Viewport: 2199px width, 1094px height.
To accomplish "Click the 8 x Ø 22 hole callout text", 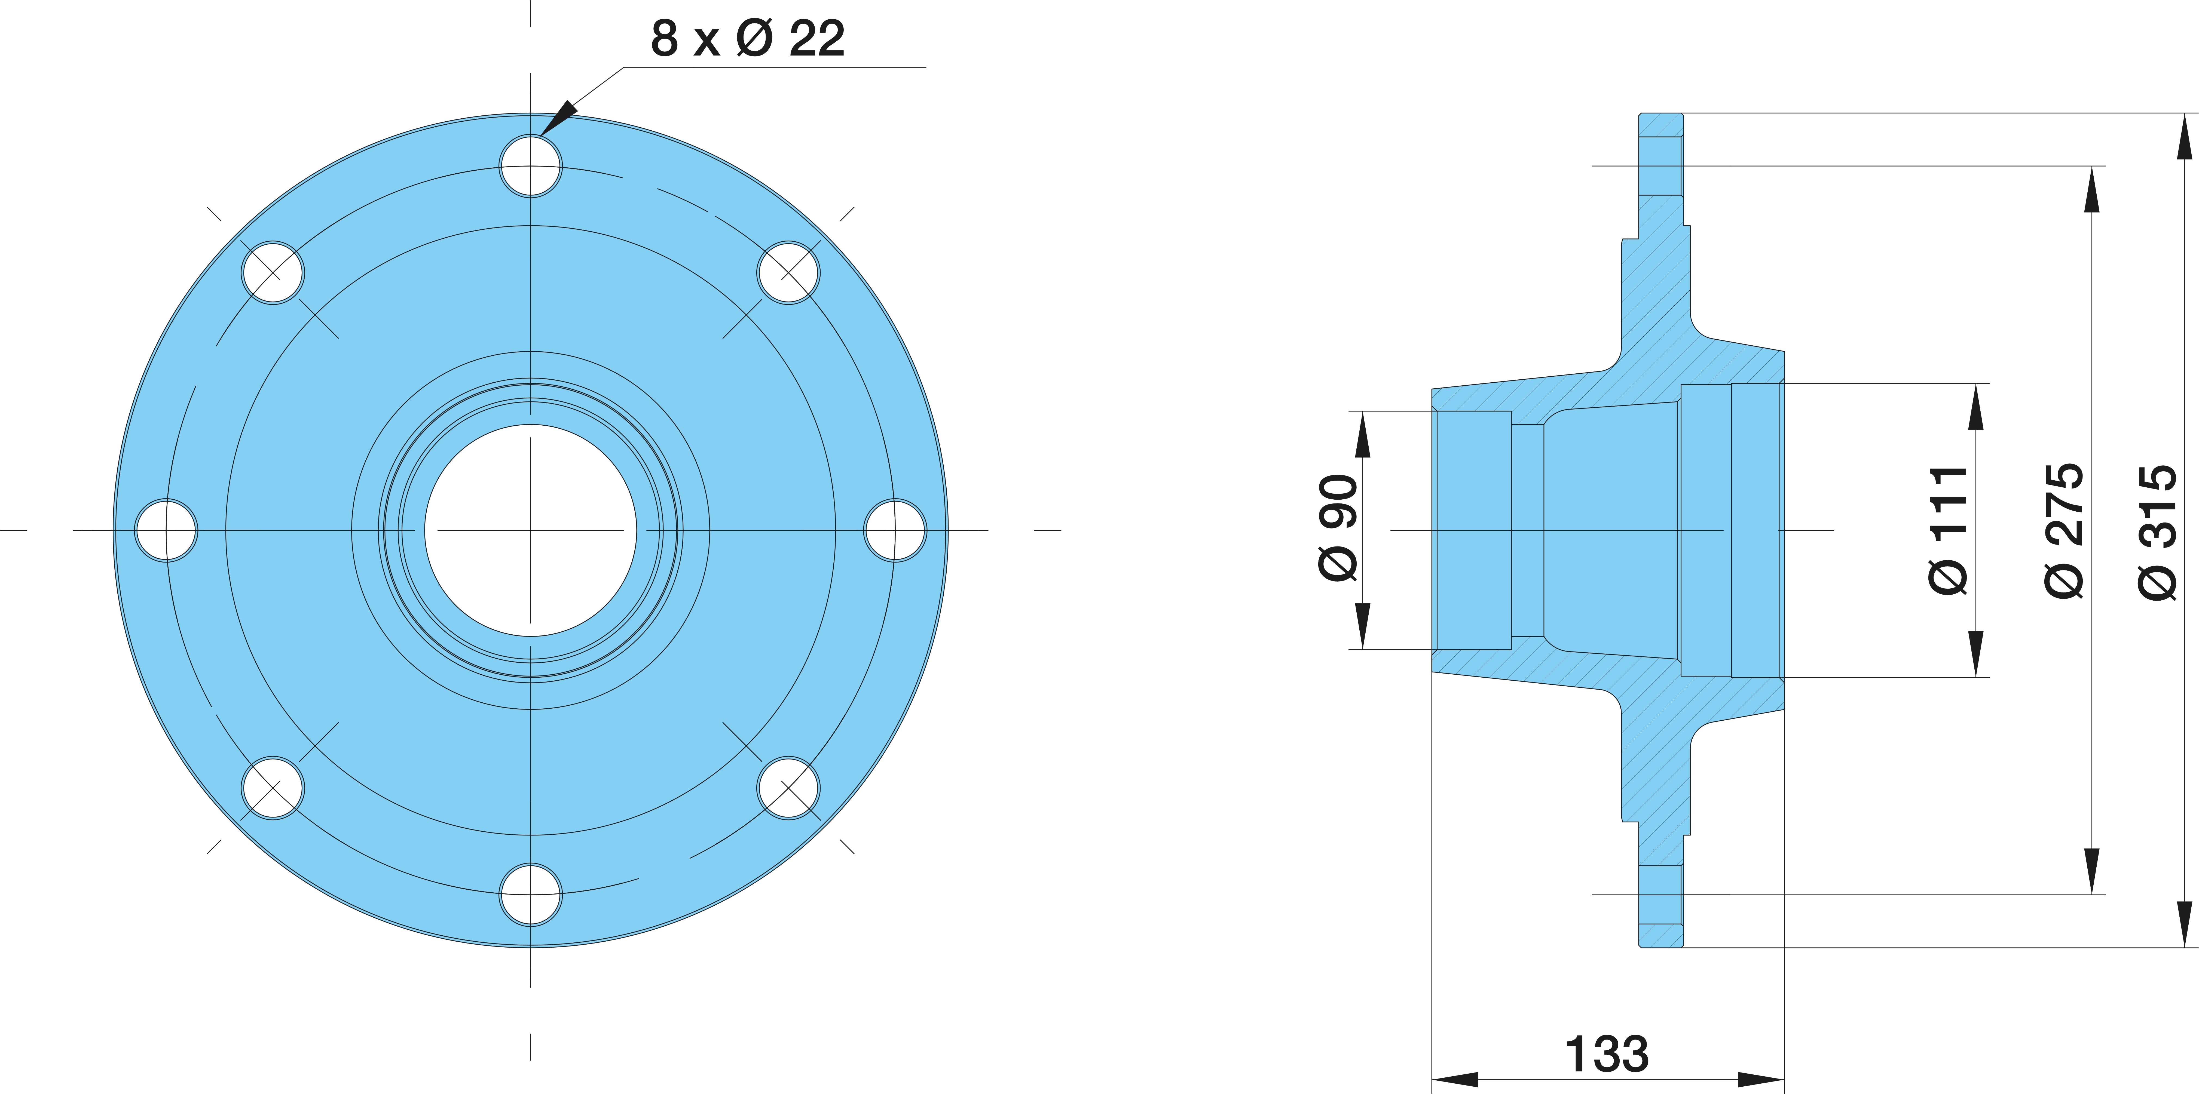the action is (x=748, y=38).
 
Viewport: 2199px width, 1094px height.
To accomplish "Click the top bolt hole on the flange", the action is (x=531, y=165).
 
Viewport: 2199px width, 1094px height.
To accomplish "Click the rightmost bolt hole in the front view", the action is (x=895, y=530).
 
